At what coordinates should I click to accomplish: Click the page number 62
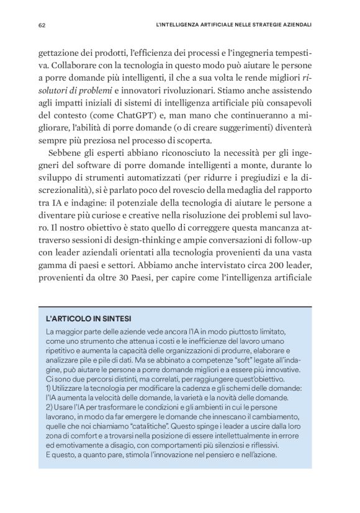pos(42,25)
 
